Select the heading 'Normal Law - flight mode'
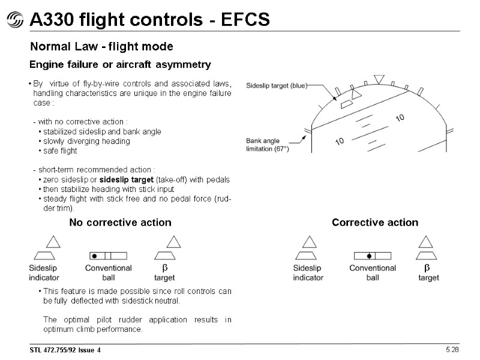102,46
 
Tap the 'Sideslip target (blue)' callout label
277,86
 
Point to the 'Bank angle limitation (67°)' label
268,145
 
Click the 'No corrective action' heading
120,223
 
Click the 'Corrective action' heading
375,223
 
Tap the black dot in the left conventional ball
94,256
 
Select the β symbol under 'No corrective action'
164,268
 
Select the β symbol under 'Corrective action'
428,268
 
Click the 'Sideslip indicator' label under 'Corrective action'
308,272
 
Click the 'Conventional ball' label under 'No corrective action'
109,272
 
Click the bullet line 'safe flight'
60,151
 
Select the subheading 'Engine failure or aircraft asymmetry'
120,64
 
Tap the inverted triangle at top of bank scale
378,79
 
